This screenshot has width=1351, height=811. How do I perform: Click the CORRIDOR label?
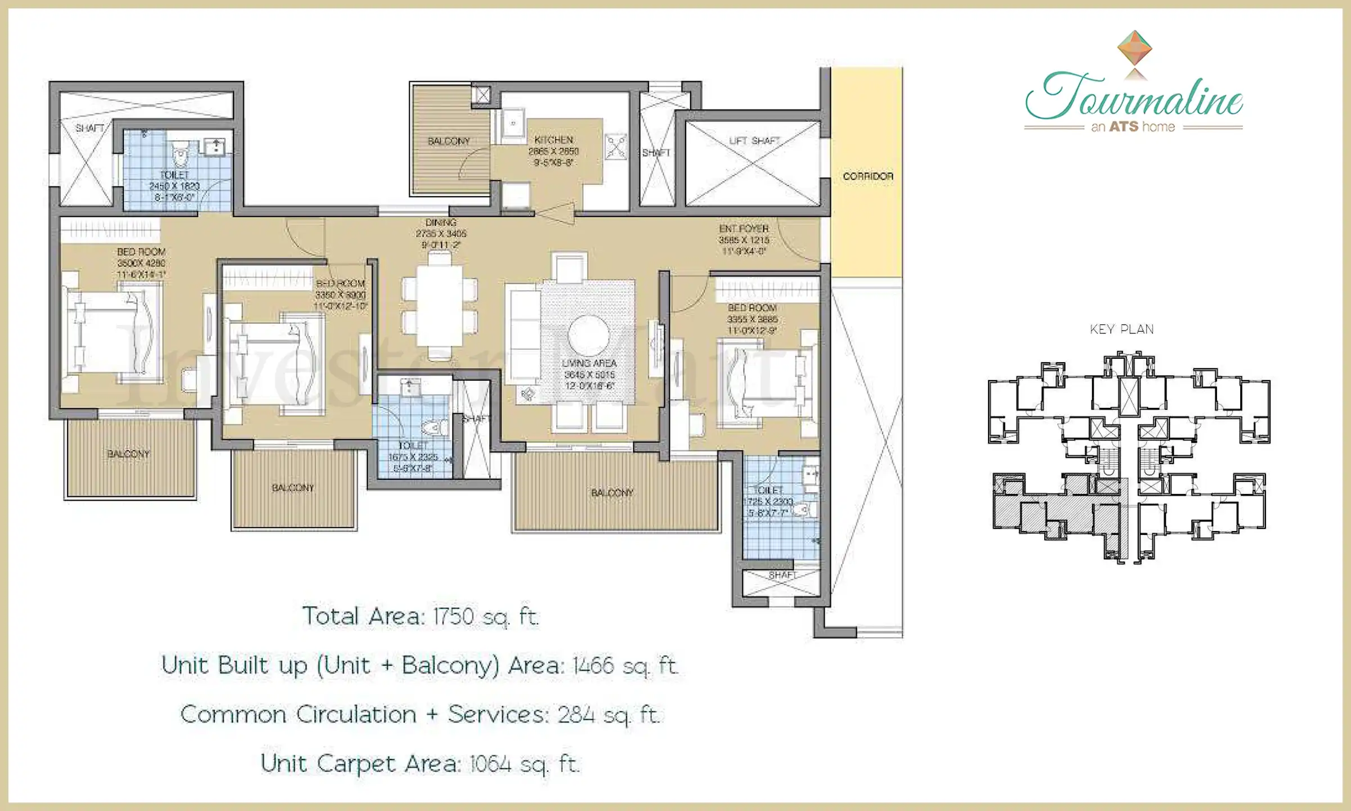pos(868,176)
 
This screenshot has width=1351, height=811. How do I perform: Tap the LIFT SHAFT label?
pos(754,141)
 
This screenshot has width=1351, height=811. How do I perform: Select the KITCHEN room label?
pos(554,140)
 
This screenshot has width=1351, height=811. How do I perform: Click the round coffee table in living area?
pos(588,335)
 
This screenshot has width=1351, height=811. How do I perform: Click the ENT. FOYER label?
pos(744,229)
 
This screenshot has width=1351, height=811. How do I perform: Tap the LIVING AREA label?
pos(589,363)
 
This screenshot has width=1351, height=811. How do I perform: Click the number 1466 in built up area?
pos(593,666)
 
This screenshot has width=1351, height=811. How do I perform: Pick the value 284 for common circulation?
pos(576,715)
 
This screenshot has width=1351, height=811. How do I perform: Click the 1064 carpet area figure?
pos(490,764)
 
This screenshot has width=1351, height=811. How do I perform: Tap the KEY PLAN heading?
pos(1122,329)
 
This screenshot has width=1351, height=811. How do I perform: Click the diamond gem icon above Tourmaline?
pos(1134,47)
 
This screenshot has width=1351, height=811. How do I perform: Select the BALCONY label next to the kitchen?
pos(449,141)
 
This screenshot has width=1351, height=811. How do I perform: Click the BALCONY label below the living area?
pos(612,493)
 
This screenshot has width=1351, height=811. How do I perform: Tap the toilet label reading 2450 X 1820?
pos(175,186)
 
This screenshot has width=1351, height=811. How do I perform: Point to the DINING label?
pos(441,222)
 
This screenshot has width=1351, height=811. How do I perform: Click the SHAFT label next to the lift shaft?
pos(656,153)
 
